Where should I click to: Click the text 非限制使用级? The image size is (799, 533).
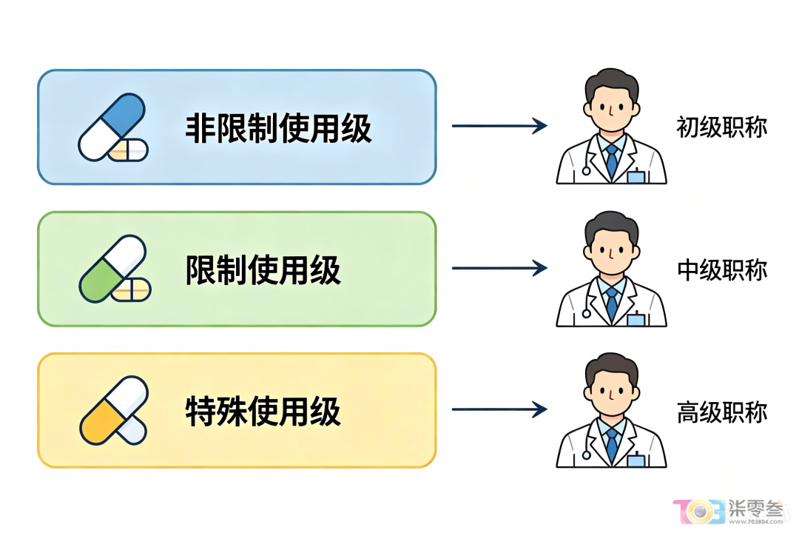point(278,128)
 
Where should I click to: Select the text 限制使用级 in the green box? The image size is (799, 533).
point(263,269)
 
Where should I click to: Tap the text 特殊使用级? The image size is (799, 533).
point(263,411)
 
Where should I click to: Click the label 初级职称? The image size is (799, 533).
point(721,127)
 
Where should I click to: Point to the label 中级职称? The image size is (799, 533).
point(721,269)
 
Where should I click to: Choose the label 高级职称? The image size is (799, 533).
point(721,412)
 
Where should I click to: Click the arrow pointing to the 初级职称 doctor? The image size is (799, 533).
point(499,125)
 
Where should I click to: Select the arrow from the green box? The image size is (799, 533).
point(499,268)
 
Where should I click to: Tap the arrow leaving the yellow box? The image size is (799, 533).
point(499,409)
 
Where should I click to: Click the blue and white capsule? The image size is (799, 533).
point(111,127)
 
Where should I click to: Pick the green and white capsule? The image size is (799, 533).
point(112,268)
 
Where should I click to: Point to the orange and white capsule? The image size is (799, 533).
point(114,410)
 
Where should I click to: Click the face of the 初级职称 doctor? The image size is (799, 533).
point(611,109)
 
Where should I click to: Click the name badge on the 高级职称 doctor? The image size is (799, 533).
point(636,460)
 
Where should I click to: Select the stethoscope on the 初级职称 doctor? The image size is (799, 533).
point(590,158)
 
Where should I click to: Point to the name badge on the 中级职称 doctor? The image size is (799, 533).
point(636,319)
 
